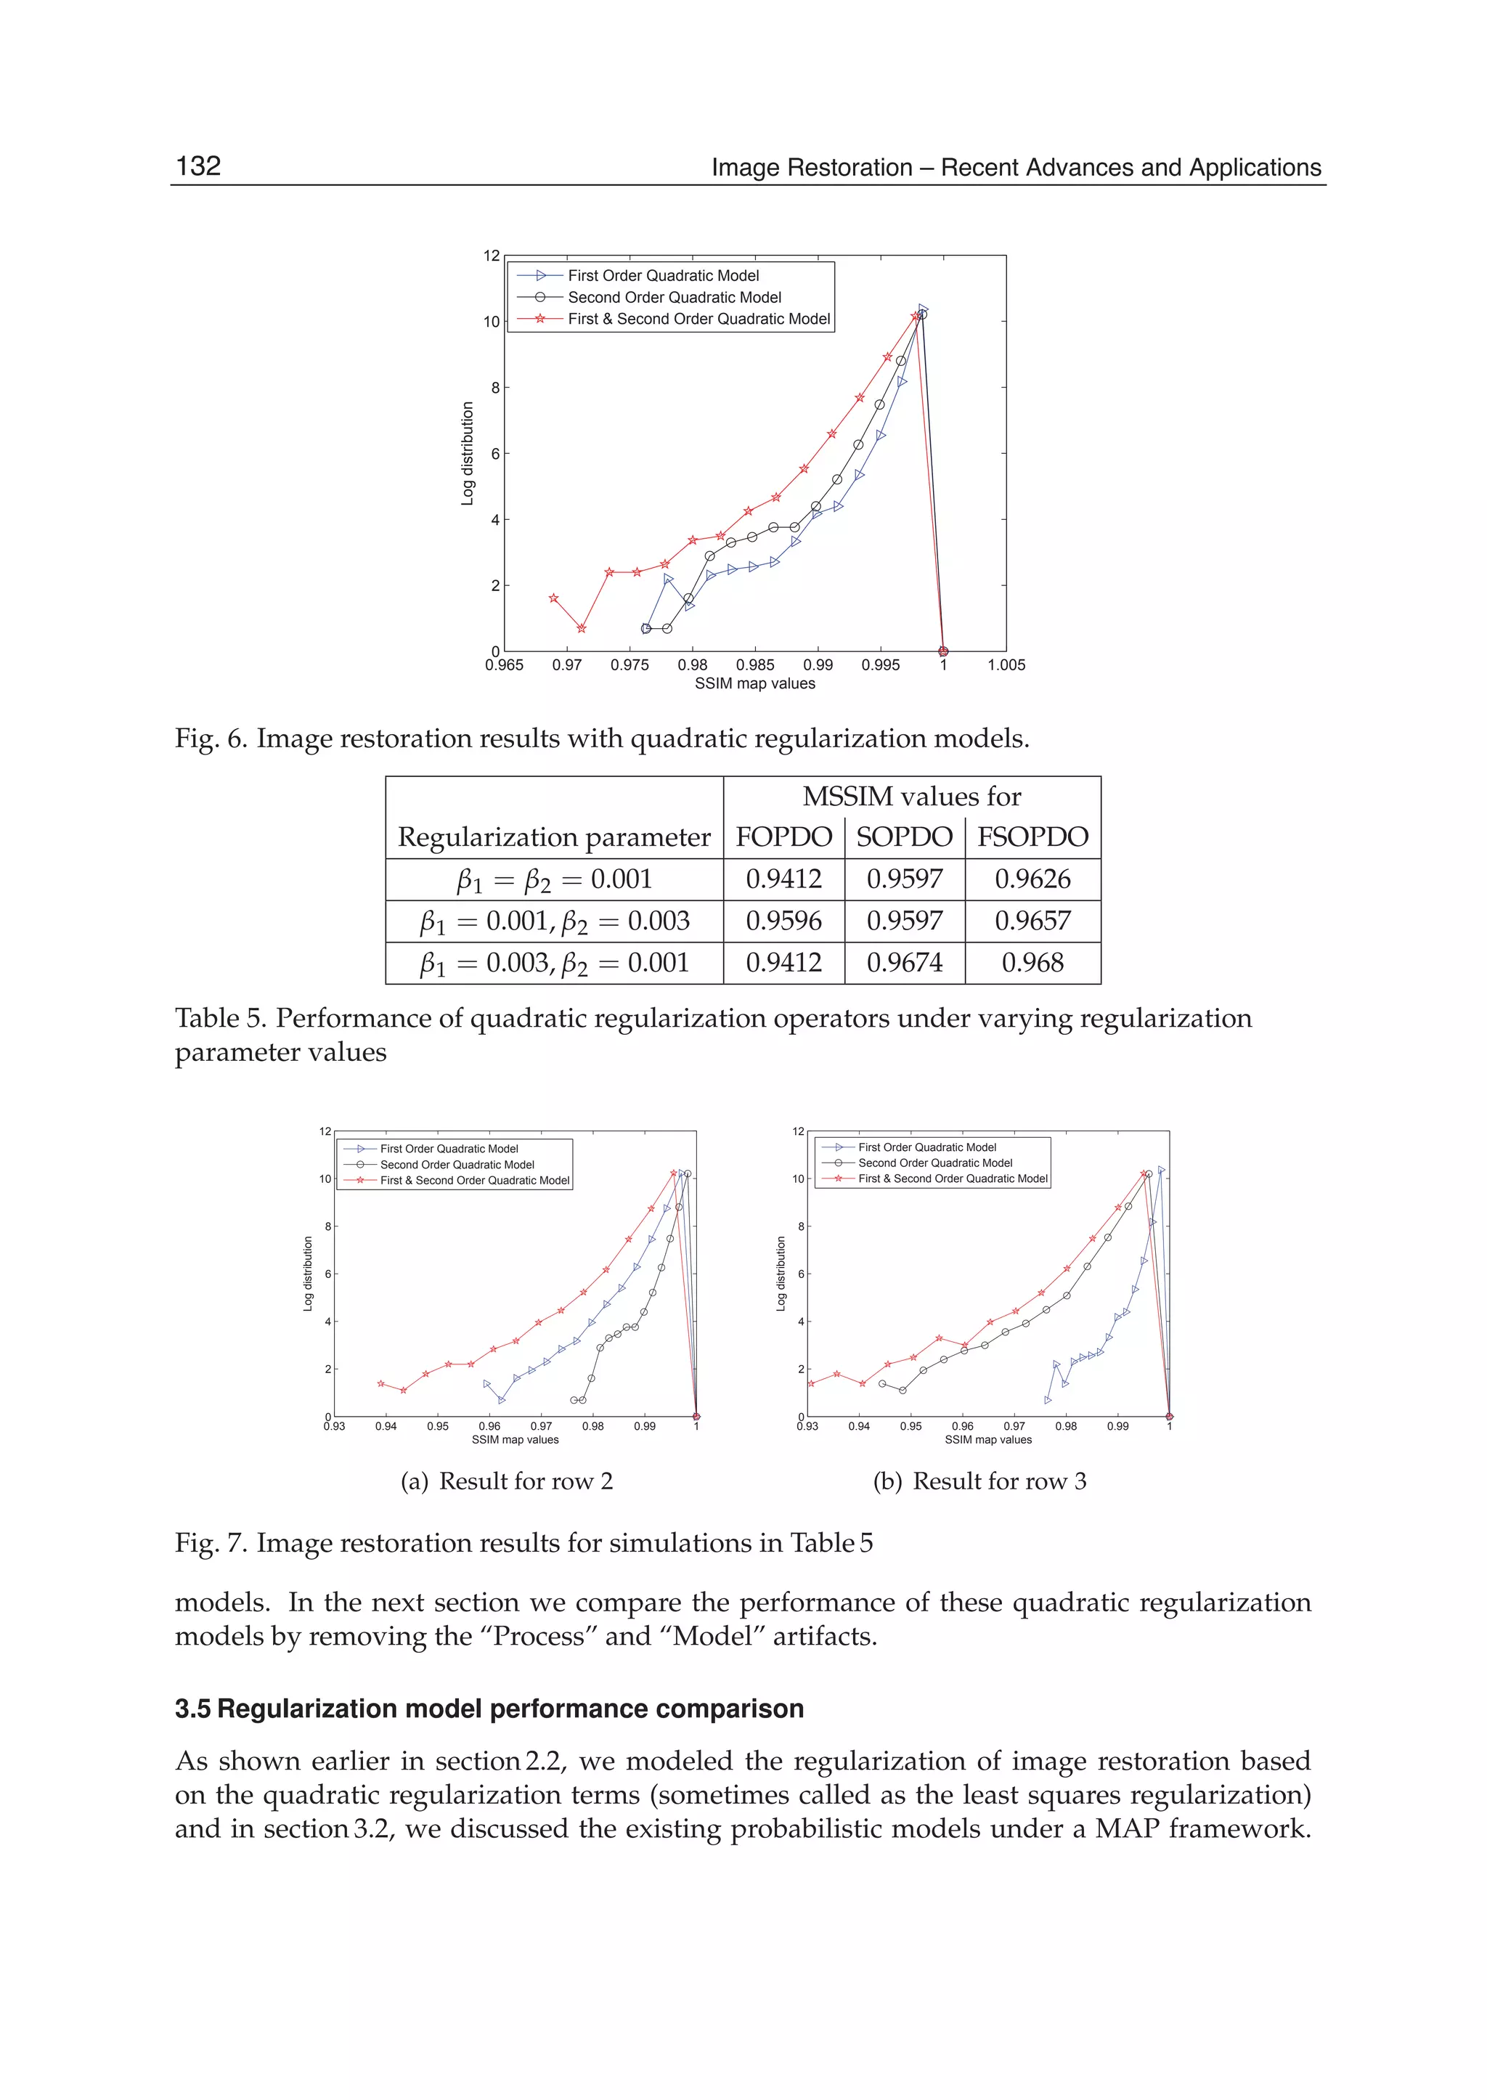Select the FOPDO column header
(783, 837)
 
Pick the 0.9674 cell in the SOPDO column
(904, 963)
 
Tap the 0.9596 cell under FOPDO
(783, 921)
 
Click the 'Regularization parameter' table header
(554, 837)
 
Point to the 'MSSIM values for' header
(911, 797)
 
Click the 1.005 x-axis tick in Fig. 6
(1006, 665)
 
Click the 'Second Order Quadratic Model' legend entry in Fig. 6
(674, 298)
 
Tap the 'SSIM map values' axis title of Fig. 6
(754, 683)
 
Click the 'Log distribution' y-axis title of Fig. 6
(468, 453)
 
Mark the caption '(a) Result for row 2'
(506, 1481)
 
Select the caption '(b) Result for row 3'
(979, 1481)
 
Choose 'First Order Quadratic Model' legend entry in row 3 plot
(926, 1147)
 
